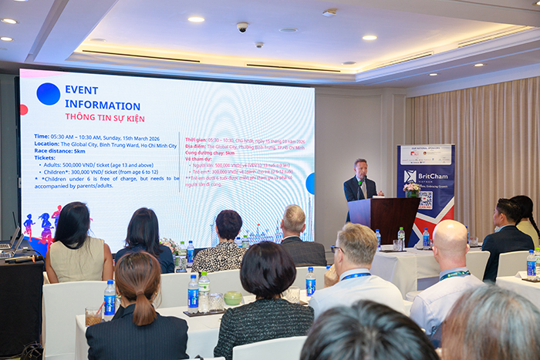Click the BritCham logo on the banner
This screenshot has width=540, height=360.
point(425,177)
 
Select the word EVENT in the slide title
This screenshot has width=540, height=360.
point(81,90)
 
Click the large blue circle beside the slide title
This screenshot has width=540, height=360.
point(48,93)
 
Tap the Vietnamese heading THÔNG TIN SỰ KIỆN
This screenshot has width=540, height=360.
point(106,116)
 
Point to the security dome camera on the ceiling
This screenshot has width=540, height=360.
point(242,27)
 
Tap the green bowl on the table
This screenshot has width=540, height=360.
point(232,298)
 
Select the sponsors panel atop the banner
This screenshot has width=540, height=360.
point(426,155)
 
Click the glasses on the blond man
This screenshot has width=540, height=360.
point(339,249)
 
